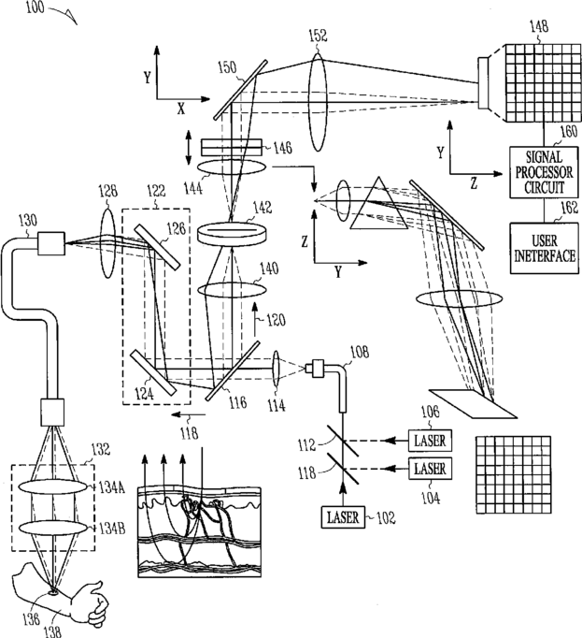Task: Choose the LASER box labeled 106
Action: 432,439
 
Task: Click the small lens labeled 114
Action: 277,367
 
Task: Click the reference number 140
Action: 269,267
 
